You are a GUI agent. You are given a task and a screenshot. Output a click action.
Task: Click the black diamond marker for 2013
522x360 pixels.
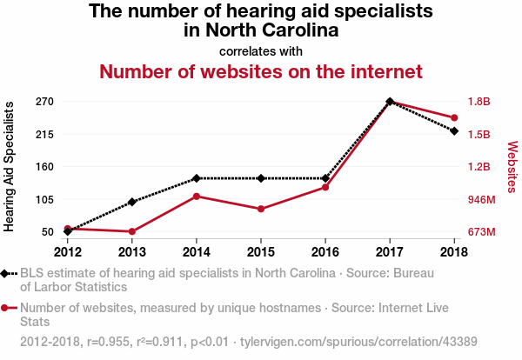131,202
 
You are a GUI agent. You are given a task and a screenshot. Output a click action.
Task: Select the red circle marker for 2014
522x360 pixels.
197,196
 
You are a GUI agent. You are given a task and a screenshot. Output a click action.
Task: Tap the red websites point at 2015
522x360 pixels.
261,209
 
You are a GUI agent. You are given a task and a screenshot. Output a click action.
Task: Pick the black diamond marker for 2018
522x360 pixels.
454,130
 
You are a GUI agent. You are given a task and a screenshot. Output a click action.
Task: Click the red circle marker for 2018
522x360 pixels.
454,117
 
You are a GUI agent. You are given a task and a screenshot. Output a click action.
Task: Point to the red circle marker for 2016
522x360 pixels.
325,187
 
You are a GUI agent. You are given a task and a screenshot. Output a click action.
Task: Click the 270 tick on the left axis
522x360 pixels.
45,102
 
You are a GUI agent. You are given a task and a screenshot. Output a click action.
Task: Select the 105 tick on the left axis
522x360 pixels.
45,199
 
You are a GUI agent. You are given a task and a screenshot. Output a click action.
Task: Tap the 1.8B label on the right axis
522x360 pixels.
479,102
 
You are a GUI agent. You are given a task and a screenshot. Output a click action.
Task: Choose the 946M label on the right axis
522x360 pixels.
481,199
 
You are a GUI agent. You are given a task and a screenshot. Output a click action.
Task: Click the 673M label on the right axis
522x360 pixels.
481,232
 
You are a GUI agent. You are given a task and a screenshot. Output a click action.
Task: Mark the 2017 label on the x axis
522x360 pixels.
390,252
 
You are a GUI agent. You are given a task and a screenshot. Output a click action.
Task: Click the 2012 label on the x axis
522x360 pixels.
67,252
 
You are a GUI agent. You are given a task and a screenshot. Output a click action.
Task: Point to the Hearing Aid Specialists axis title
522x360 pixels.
10,166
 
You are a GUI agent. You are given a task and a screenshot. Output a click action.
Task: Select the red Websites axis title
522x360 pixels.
512,166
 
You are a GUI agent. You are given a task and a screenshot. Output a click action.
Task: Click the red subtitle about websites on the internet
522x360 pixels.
262,71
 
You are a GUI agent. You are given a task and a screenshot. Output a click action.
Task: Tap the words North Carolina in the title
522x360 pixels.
261,30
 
